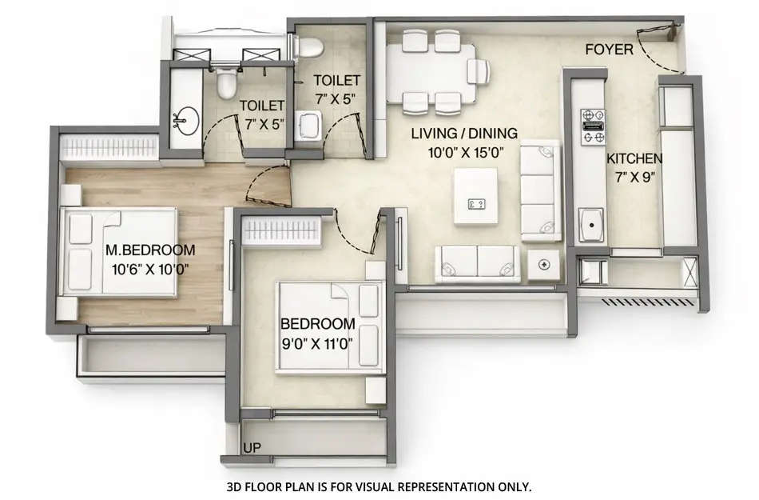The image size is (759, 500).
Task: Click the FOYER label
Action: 609,50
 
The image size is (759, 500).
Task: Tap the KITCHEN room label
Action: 634,158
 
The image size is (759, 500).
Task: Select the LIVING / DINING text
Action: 464,133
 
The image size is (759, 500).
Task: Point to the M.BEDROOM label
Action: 147,250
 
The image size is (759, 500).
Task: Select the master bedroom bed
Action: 120,252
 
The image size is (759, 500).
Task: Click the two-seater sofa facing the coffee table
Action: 476,264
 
